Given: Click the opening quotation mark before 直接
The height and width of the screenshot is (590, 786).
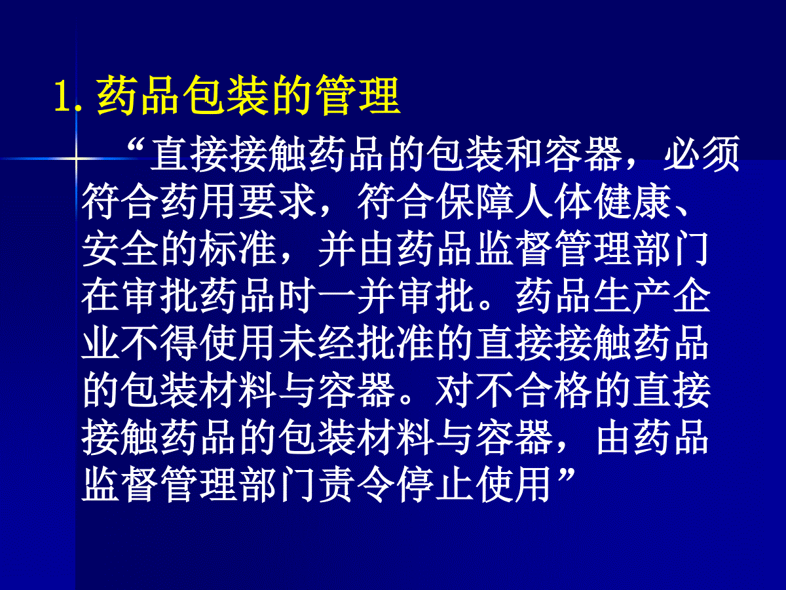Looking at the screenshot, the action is pyautogui.click(x=136, y=147).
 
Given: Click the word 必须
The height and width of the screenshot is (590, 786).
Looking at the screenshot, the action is pyautogui.click(x=702, y=154).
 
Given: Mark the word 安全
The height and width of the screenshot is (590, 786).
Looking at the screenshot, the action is pyautogui.click(x=120, y=248).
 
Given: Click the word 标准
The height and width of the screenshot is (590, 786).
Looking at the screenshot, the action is pyautogui.click(x=238, y=248).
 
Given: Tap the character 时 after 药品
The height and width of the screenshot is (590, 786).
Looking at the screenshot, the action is pyautogui.click(x=297, y=296).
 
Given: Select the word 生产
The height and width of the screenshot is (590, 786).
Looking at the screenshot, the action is pyautogui.click(x=632, y=296).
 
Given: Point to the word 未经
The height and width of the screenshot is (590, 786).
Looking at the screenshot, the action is pyautogui.click(x=316, y=343).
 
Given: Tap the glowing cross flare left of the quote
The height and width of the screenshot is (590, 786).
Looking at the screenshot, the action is pyautogui.click(x=76, y=159).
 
